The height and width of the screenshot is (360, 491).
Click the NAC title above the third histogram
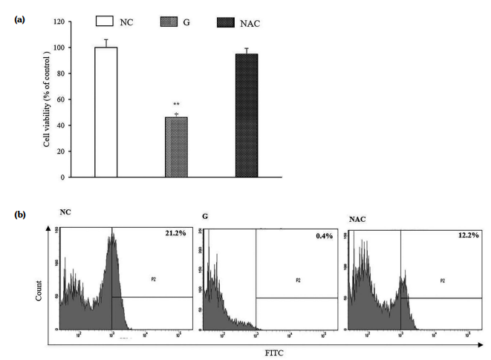click(x=359, y=219)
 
